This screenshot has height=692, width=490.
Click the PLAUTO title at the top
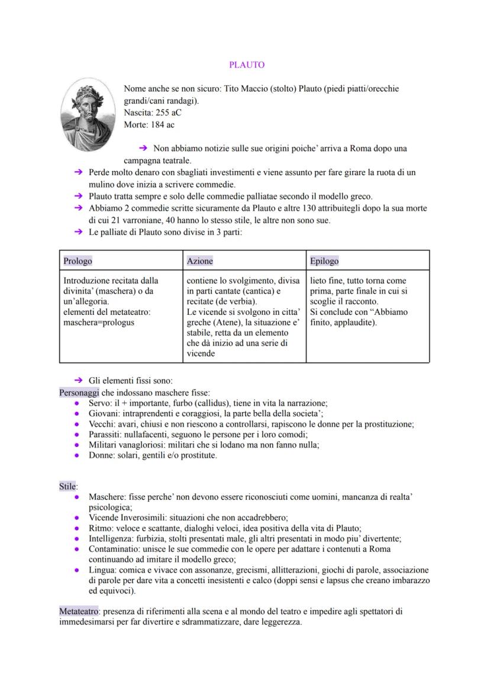point(246,65)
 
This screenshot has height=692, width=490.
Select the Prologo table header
point(78,260)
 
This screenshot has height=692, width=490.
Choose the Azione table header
point(199,260)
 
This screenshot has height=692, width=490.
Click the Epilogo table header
point(324,260)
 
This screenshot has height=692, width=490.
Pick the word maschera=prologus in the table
point(99,322)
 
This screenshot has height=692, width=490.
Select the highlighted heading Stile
point(67,486)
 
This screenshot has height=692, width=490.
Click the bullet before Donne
point(78,456)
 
